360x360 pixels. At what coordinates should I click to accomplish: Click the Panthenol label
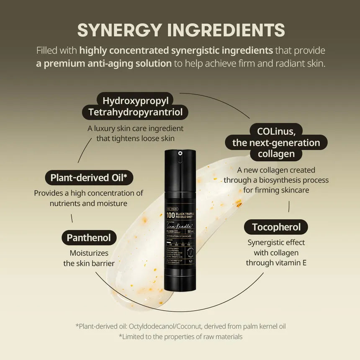(x=89, y=238)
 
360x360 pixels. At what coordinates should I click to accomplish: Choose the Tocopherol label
(x=276, y=227)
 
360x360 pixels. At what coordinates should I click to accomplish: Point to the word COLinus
(x=276, y=131)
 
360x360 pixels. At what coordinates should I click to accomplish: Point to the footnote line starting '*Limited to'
(x=180, y=336)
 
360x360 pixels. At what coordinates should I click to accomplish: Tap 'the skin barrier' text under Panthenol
(x=89, y=263)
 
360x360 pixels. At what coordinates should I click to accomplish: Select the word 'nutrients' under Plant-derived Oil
(x=67, y=203)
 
